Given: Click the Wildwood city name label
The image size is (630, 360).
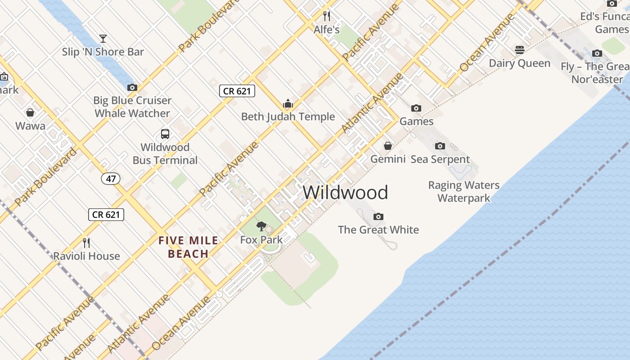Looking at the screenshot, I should point(345,193).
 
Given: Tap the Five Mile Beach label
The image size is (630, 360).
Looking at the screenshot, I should point(188,247).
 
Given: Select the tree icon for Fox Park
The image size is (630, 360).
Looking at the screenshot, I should point(261,226).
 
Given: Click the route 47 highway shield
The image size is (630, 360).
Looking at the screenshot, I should point(111,179).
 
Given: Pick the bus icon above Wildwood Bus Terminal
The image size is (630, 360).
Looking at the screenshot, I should point(165,134).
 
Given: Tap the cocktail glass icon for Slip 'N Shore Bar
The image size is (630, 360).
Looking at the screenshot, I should point(103,39).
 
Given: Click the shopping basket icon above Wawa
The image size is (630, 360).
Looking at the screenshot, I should point(30,112).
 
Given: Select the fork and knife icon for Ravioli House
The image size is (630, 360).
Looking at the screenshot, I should point(87,243).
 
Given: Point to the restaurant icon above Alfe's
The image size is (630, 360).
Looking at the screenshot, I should point(327,16).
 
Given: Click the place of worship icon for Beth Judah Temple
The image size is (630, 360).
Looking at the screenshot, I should point(288,104).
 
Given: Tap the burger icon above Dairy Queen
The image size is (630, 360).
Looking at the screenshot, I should point(520,49).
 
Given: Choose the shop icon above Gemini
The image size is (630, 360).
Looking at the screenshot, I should point(387,146).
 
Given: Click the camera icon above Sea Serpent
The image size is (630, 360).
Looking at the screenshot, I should point(440,146).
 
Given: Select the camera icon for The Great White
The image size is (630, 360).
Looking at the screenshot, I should point(378,216).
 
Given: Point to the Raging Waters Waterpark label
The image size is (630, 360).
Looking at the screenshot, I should point(463,192).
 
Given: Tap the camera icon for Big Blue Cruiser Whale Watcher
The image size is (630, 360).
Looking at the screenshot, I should point(132,87).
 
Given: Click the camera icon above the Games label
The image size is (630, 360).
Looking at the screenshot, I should point(416,108).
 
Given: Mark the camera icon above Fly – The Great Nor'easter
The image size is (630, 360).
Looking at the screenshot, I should point(597,54).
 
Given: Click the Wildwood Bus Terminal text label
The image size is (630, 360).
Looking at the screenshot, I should point(165,154).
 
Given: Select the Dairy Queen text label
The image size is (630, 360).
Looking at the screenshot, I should point(520,63).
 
